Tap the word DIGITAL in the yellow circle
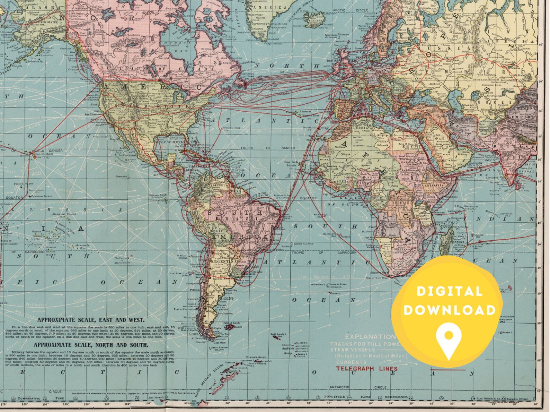click(449, 291)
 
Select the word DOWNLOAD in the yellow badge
click(449, 310)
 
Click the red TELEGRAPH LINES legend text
click(367, 368)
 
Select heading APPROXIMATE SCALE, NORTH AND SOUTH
click(91, 345)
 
